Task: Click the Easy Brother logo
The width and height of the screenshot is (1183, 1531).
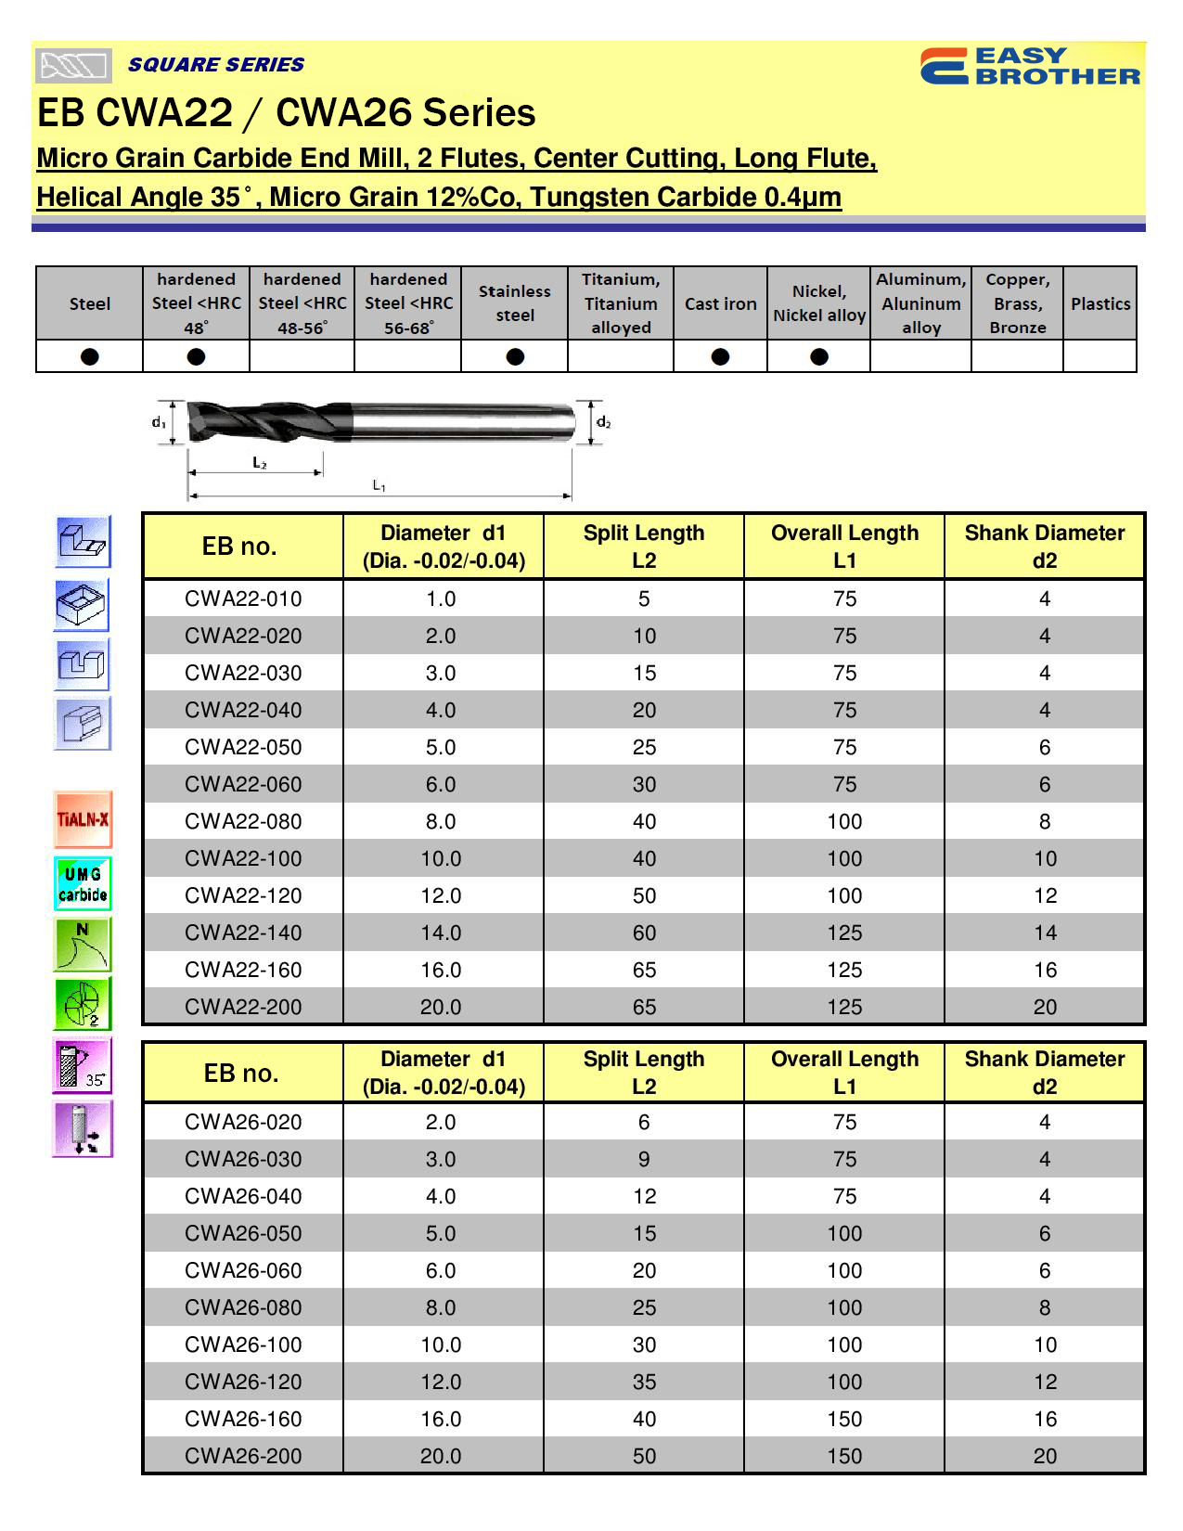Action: (1030, 66)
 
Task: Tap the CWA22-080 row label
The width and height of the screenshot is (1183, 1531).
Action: (243, 821)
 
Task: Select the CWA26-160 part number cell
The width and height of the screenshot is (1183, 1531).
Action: (243, 1419)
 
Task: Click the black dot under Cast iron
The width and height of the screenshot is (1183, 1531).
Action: (720, 356)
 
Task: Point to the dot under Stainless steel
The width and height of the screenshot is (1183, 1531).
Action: (515, 356)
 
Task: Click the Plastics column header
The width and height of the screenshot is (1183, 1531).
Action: (1100, 303)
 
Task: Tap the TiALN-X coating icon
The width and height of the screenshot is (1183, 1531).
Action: (84, 819)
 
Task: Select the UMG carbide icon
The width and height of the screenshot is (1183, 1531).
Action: (84, 883)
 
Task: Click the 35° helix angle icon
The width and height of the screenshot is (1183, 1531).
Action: (84, 1064)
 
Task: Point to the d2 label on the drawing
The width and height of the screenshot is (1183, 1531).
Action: (603, 423)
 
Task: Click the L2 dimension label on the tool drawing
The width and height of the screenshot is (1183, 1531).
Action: (260, 462)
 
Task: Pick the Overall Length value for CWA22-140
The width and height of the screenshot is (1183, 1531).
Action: (844, 933)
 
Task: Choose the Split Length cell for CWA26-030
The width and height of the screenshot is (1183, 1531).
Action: (644, 1159)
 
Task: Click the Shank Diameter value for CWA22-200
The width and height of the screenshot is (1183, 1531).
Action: (1045, 1007)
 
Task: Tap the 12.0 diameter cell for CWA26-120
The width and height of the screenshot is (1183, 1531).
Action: (441, 1382)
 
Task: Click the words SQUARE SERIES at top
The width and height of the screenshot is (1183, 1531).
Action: (216, 65)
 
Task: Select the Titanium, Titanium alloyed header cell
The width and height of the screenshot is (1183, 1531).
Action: (621, 303)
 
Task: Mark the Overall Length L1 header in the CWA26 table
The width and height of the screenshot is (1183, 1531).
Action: (844, 1073)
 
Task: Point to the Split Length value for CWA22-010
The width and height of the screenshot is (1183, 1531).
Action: (644, 598)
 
